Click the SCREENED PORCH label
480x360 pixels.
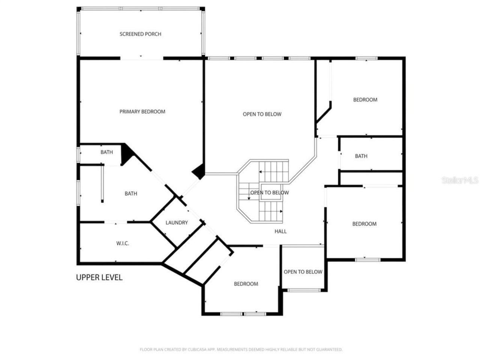click(x=140, y=34)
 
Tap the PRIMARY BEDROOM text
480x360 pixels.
click(x=142, y=112)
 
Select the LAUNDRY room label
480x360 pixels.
click(x=177, y=223)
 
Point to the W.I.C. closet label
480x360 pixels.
click(x=123, y=243)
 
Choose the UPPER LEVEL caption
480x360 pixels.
click(x=99, y=277)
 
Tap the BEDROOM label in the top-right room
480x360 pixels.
click(x=365, y=100)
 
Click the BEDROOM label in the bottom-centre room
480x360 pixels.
click(x=246, y=284)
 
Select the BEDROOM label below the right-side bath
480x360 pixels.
click(x=364, y=224)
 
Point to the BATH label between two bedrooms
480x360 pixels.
click(x=361, y=156)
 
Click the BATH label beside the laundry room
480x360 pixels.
click(x=131, y=193)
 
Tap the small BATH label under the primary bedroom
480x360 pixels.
click(x=106, y=152)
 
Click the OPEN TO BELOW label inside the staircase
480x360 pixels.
click(x=270, y=193)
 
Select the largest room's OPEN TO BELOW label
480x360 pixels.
click(x=262, y=114)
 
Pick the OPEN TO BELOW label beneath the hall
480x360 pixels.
click(x=303, y=272)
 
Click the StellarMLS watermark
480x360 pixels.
click(x=460, y=180)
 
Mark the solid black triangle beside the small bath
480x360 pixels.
click(x=126, y=154)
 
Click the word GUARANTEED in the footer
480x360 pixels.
click(x=328, y=349)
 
